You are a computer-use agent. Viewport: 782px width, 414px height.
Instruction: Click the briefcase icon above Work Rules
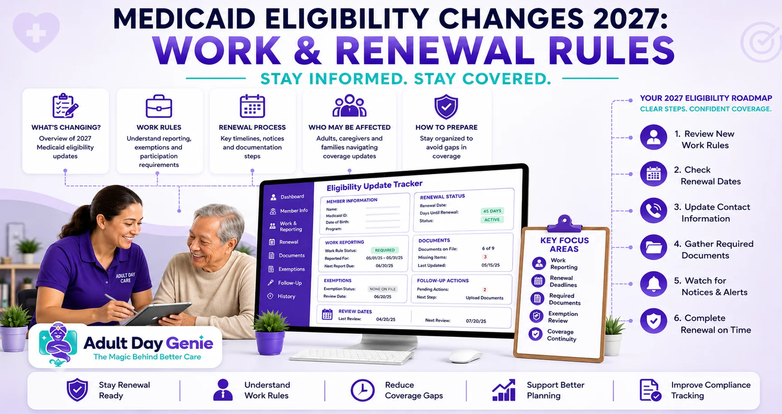(x=159, y=106)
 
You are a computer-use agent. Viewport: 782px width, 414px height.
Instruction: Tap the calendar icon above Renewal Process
(x=252, y=106)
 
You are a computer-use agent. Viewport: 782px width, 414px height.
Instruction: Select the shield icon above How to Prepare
(x=446, y=107)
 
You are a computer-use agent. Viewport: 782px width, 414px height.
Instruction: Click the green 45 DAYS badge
(x=492, y=211)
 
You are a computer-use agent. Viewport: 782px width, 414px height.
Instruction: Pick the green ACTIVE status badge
(x=492, y=220)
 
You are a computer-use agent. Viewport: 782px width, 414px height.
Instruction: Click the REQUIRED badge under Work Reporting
(x=385, y=250)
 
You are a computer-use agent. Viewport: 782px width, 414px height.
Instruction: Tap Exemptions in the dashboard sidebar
(x=287, y=269)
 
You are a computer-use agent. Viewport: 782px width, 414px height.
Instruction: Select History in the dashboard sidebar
(x=282, y=296)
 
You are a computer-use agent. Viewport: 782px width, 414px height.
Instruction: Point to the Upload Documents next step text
(x=484, y=298)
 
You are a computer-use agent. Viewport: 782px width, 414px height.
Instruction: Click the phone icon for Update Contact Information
(x=654, y=211)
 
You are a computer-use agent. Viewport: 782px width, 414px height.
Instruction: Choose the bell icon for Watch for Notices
(x=654, y=284)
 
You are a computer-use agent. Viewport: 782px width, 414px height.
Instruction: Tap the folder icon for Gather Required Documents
(x=654, y=247)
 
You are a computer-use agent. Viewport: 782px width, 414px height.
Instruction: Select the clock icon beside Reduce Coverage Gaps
(x=362, y=390)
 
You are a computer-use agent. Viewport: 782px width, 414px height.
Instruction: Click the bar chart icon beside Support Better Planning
(x=504, y=390)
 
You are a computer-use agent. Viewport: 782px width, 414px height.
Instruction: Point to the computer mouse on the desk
(x=466, y=356)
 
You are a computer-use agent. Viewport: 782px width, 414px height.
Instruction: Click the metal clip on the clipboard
(x=564, y=223)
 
